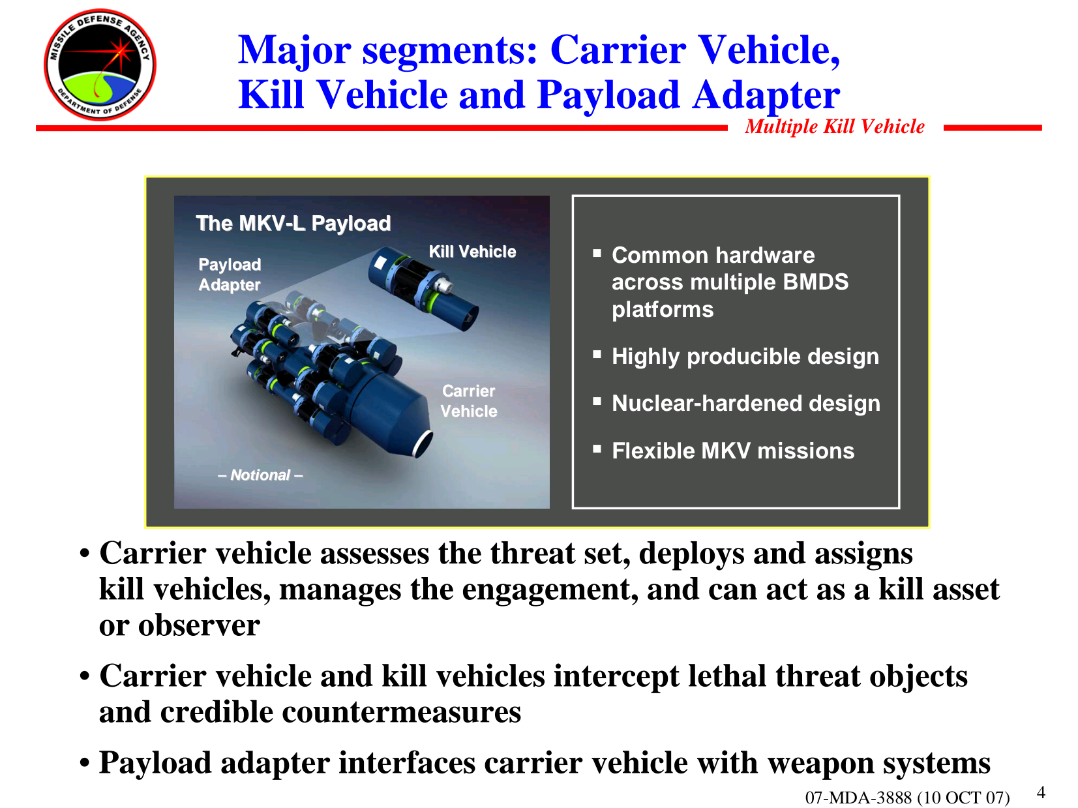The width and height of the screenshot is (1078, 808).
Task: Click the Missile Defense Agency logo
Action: click(100, 65)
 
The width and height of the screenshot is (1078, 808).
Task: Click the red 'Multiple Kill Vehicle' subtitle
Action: click(834, 127)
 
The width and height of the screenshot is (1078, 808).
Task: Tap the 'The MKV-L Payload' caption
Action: click(293, 223)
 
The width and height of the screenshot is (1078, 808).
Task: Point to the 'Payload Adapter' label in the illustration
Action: click(230, 275)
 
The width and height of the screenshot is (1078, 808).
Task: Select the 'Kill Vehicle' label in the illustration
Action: click(472, 251)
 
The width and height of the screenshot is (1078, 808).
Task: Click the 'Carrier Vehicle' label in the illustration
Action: click(468, 400)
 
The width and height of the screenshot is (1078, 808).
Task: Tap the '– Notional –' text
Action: click(260, 475)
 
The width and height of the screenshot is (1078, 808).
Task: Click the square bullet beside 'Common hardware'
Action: click(597, 253)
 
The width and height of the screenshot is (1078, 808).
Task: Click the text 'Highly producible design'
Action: click(745, 356)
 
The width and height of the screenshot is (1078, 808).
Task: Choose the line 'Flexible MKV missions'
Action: click(733, 451)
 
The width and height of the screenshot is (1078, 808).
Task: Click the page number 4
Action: click(1041, 792)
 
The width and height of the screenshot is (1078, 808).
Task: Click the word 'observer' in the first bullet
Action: click(199, 625)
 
